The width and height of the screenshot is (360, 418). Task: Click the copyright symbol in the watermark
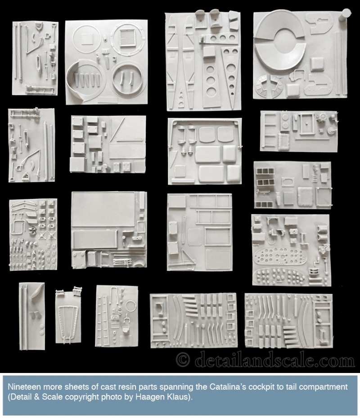[x=183, y=360]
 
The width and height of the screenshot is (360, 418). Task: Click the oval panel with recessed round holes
[x=279, y=256]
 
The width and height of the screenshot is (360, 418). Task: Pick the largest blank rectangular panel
[x=103, y=209]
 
